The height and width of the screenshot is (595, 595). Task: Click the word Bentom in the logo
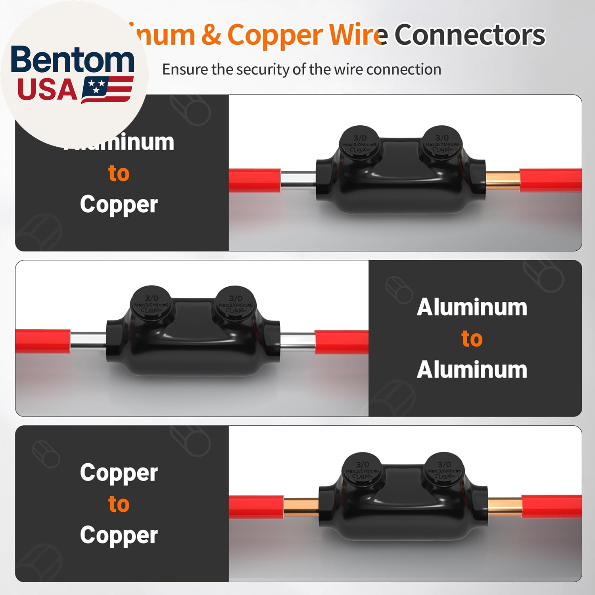click(x=72, y=59)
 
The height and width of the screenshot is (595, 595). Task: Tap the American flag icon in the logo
click(x=107, y=90)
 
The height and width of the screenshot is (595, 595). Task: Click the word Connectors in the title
click(x=470, y=35)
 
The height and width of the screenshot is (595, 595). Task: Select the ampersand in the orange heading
click(x=211, y=35)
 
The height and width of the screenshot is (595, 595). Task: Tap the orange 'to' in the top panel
click(x=119, y=173)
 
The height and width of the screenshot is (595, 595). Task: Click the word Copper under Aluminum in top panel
click(x=119, y=205)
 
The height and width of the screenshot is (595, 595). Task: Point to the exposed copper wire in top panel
click(x=503, y=180)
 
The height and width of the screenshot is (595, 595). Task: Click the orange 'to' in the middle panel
click(x=472, y=338)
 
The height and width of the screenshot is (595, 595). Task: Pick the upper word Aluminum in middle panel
click(x=472, y=307)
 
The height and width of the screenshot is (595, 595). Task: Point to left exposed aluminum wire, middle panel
click(x=88, y=341)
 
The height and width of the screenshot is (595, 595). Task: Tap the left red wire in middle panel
click(x=43, y=341)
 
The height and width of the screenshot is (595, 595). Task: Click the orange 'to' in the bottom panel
click(x=119, y=504)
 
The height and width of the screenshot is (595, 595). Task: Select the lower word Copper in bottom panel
click(x=119, y=535)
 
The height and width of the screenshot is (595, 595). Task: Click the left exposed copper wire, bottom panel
click(x=301, y=507)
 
